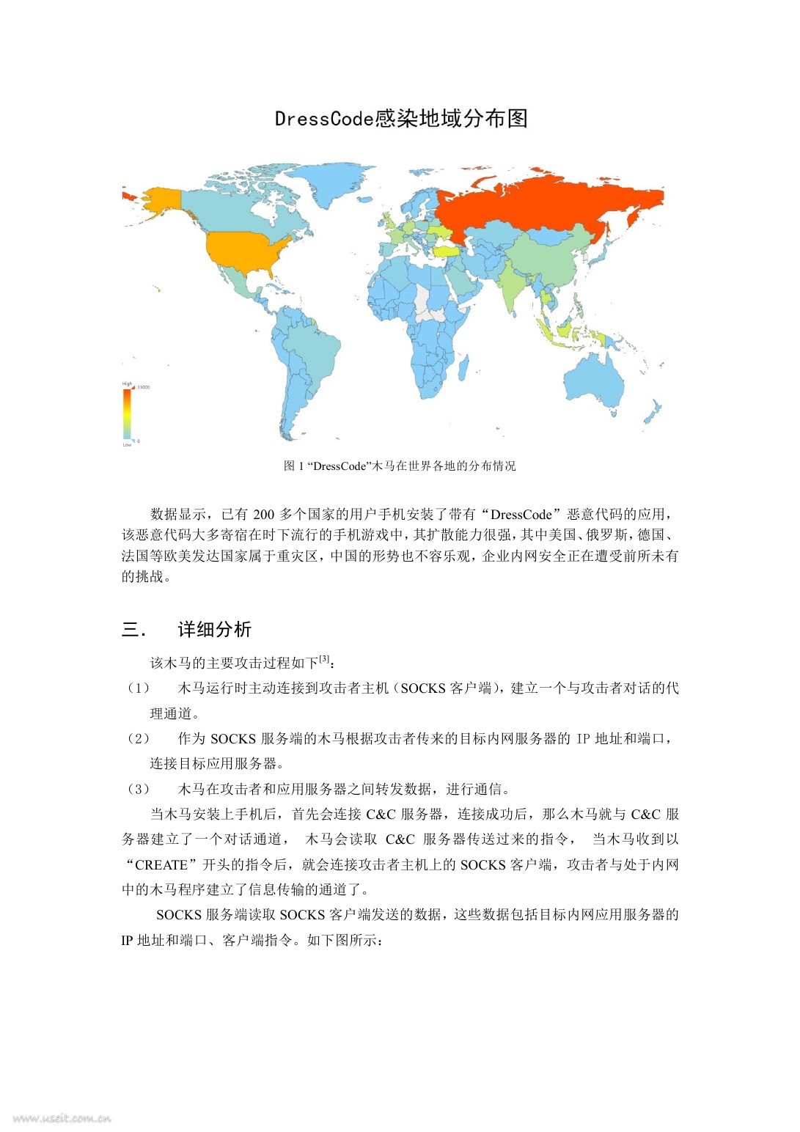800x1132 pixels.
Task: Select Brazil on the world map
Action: coord(312,348)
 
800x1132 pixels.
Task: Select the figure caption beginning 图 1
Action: coord(400,466)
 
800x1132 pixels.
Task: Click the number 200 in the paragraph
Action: coord(263,515)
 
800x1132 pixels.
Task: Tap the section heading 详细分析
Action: coord(214,630)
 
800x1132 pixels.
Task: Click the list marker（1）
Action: coord(138,688)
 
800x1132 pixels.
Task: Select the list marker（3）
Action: coord(138,790)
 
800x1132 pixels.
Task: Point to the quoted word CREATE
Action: coord(161,865)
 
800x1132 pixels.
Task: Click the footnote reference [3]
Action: coord(324,659)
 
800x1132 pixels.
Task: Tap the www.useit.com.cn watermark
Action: coord(62,1118)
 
